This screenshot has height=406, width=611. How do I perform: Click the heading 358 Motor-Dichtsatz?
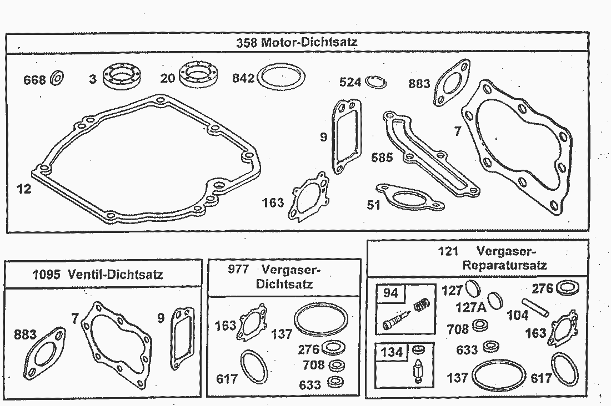[x=297, y=42]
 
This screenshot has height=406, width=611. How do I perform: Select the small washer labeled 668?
[x=57, y=79]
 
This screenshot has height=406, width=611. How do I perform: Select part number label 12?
[x=24, y=189]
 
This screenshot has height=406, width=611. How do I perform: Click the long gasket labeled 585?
[x=428, y=156]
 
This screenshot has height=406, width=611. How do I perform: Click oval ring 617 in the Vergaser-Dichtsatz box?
[x=254, y=368]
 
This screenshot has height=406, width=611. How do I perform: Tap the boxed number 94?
[x=392, y=292]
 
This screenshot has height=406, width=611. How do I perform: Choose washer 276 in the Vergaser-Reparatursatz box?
[x=567, y=288]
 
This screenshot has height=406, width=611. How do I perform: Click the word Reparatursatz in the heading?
[x=504, y=265]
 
